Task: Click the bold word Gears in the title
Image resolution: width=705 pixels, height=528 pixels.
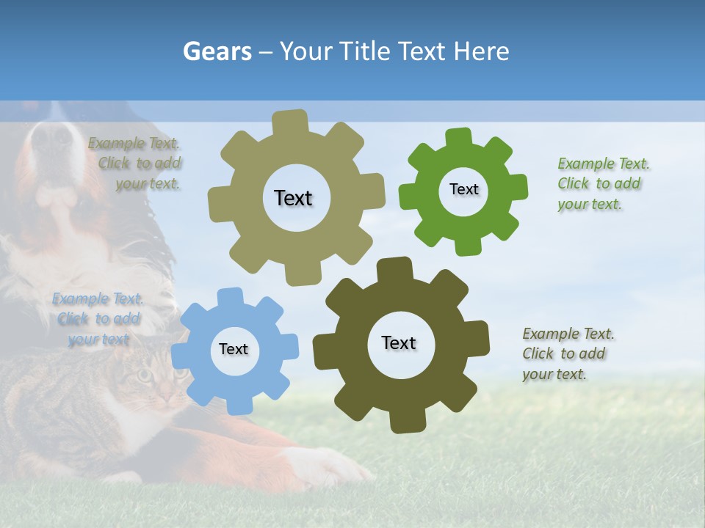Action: (x=217, y=51)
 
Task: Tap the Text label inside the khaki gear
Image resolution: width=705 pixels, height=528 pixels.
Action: (x=293, y=198)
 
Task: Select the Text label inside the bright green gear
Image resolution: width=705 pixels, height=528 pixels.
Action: (x=463, y=189)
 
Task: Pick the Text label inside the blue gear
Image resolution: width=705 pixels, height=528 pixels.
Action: (x=234, y=349)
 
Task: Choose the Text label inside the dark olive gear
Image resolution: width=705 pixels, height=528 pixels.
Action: (x=399, y=342)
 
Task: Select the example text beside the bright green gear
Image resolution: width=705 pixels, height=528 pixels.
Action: (x=604, y=183)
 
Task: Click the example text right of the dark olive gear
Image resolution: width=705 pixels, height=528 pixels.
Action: (x=568, y=353)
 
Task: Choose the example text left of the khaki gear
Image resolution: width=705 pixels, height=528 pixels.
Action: (x=137, y=163)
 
